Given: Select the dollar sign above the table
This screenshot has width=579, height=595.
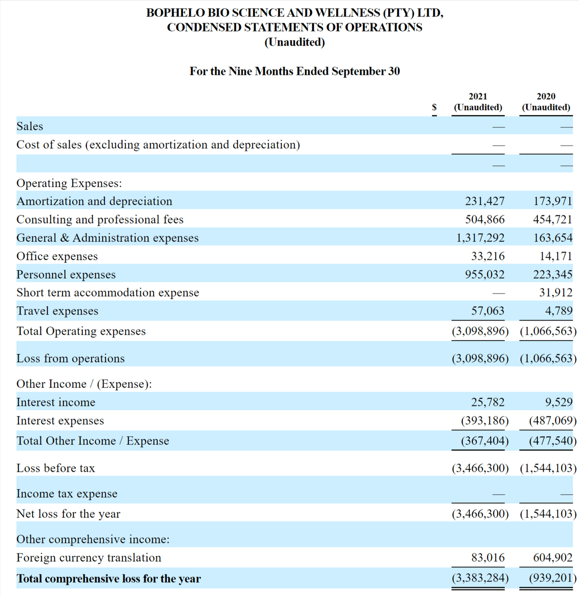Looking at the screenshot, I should [434, 107].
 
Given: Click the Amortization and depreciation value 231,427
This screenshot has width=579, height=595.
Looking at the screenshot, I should [484, 201].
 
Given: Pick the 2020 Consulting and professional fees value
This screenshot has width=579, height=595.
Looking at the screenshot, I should [552, 220].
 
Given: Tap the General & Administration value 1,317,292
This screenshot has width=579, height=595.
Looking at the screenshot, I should [480, 238].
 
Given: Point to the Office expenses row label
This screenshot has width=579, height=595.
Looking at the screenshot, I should [57, 256].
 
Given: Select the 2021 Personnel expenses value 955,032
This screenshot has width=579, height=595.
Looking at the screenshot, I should [484, 274].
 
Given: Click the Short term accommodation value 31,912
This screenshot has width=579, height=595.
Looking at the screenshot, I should [555, 293].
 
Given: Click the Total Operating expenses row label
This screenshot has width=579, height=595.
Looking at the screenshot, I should [81, 331].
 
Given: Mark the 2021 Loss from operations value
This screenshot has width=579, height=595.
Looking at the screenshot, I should [480, 359].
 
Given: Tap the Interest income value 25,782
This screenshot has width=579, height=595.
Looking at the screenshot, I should [488, 402].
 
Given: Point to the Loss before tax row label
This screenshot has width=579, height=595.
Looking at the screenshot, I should [56, 468].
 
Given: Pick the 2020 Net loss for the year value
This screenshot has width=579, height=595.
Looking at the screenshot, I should [548, 514].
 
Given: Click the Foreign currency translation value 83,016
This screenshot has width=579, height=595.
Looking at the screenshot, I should [488, 558].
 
